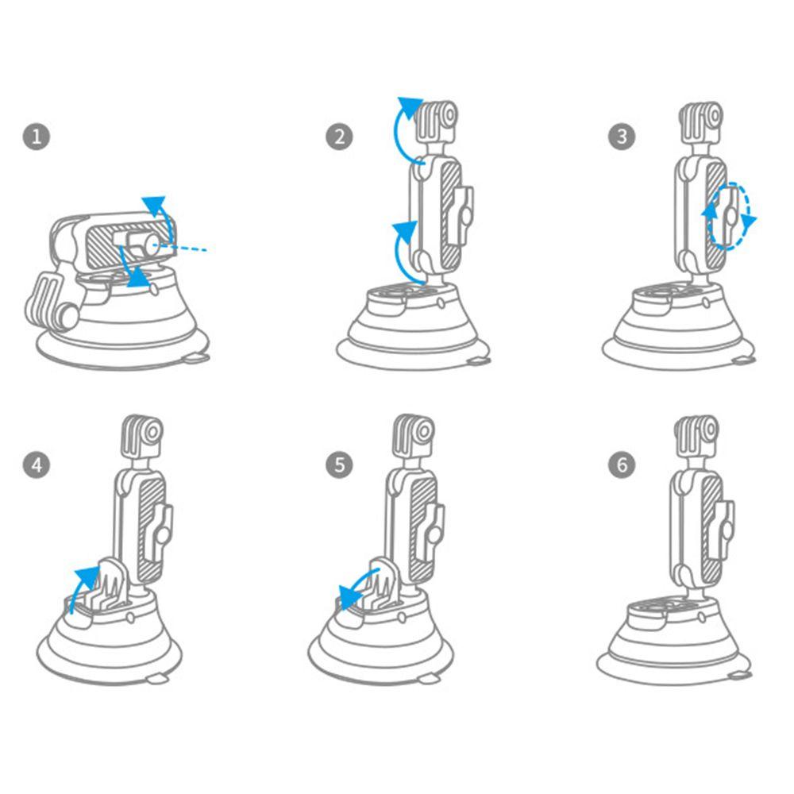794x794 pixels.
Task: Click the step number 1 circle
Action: [37, 137]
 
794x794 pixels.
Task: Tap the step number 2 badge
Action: [339, 137]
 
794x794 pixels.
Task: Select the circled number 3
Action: [622, 137]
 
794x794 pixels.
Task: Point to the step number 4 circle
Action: [37, 464]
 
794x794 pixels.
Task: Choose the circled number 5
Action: [339, 464]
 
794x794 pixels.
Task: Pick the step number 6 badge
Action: [622, 464]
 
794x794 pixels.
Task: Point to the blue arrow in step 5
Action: [357, 582]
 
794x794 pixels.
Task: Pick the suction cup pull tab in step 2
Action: [478, 361]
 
